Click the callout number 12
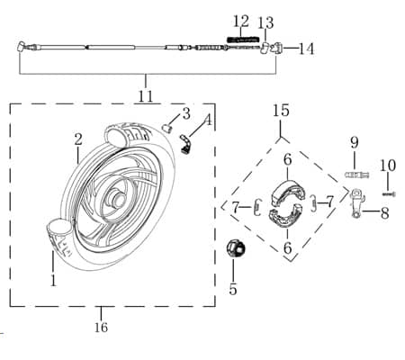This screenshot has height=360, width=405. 241,22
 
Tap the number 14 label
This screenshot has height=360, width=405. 306,49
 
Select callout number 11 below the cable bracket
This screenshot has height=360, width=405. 146,96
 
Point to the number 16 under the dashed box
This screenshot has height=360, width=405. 101,327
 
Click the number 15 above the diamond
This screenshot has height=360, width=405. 281,110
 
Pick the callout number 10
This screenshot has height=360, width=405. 388,166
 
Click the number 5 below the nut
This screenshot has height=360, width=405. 233,290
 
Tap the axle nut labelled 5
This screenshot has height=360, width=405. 236,248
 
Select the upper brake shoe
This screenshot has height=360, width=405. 287,192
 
